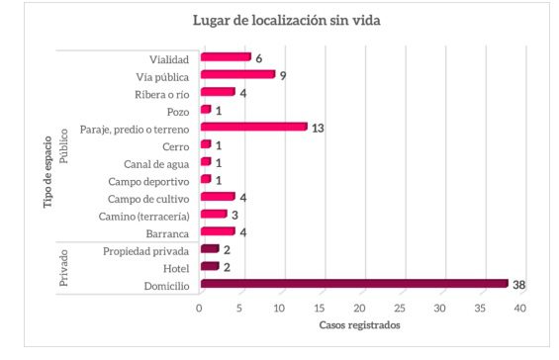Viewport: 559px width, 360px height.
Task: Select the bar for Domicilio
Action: (353, 284)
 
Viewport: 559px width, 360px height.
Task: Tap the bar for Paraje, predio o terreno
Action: (253, 127)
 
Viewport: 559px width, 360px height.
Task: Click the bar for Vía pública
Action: (236, 74)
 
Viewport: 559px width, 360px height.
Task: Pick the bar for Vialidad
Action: (225, 57)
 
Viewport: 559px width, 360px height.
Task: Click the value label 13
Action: (318, 128)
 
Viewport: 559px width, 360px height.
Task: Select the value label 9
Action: (283, 75)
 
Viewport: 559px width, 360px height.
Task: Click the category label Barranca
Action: (166, 232)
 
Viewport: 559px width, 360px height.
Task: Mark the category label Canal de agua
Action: (158, 162)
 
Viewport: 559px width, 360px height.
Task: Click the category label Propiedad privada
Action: (147, 249)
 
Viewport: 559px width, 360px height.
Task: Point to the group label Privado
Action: (64, 266)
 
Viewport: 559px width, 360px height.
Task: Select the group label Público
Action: (64, 143)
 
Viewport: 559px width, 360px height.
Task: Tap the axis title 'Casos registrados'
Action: (360, 325)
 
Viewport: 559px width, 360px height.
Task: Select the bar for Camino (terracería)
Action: (213, 215)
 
